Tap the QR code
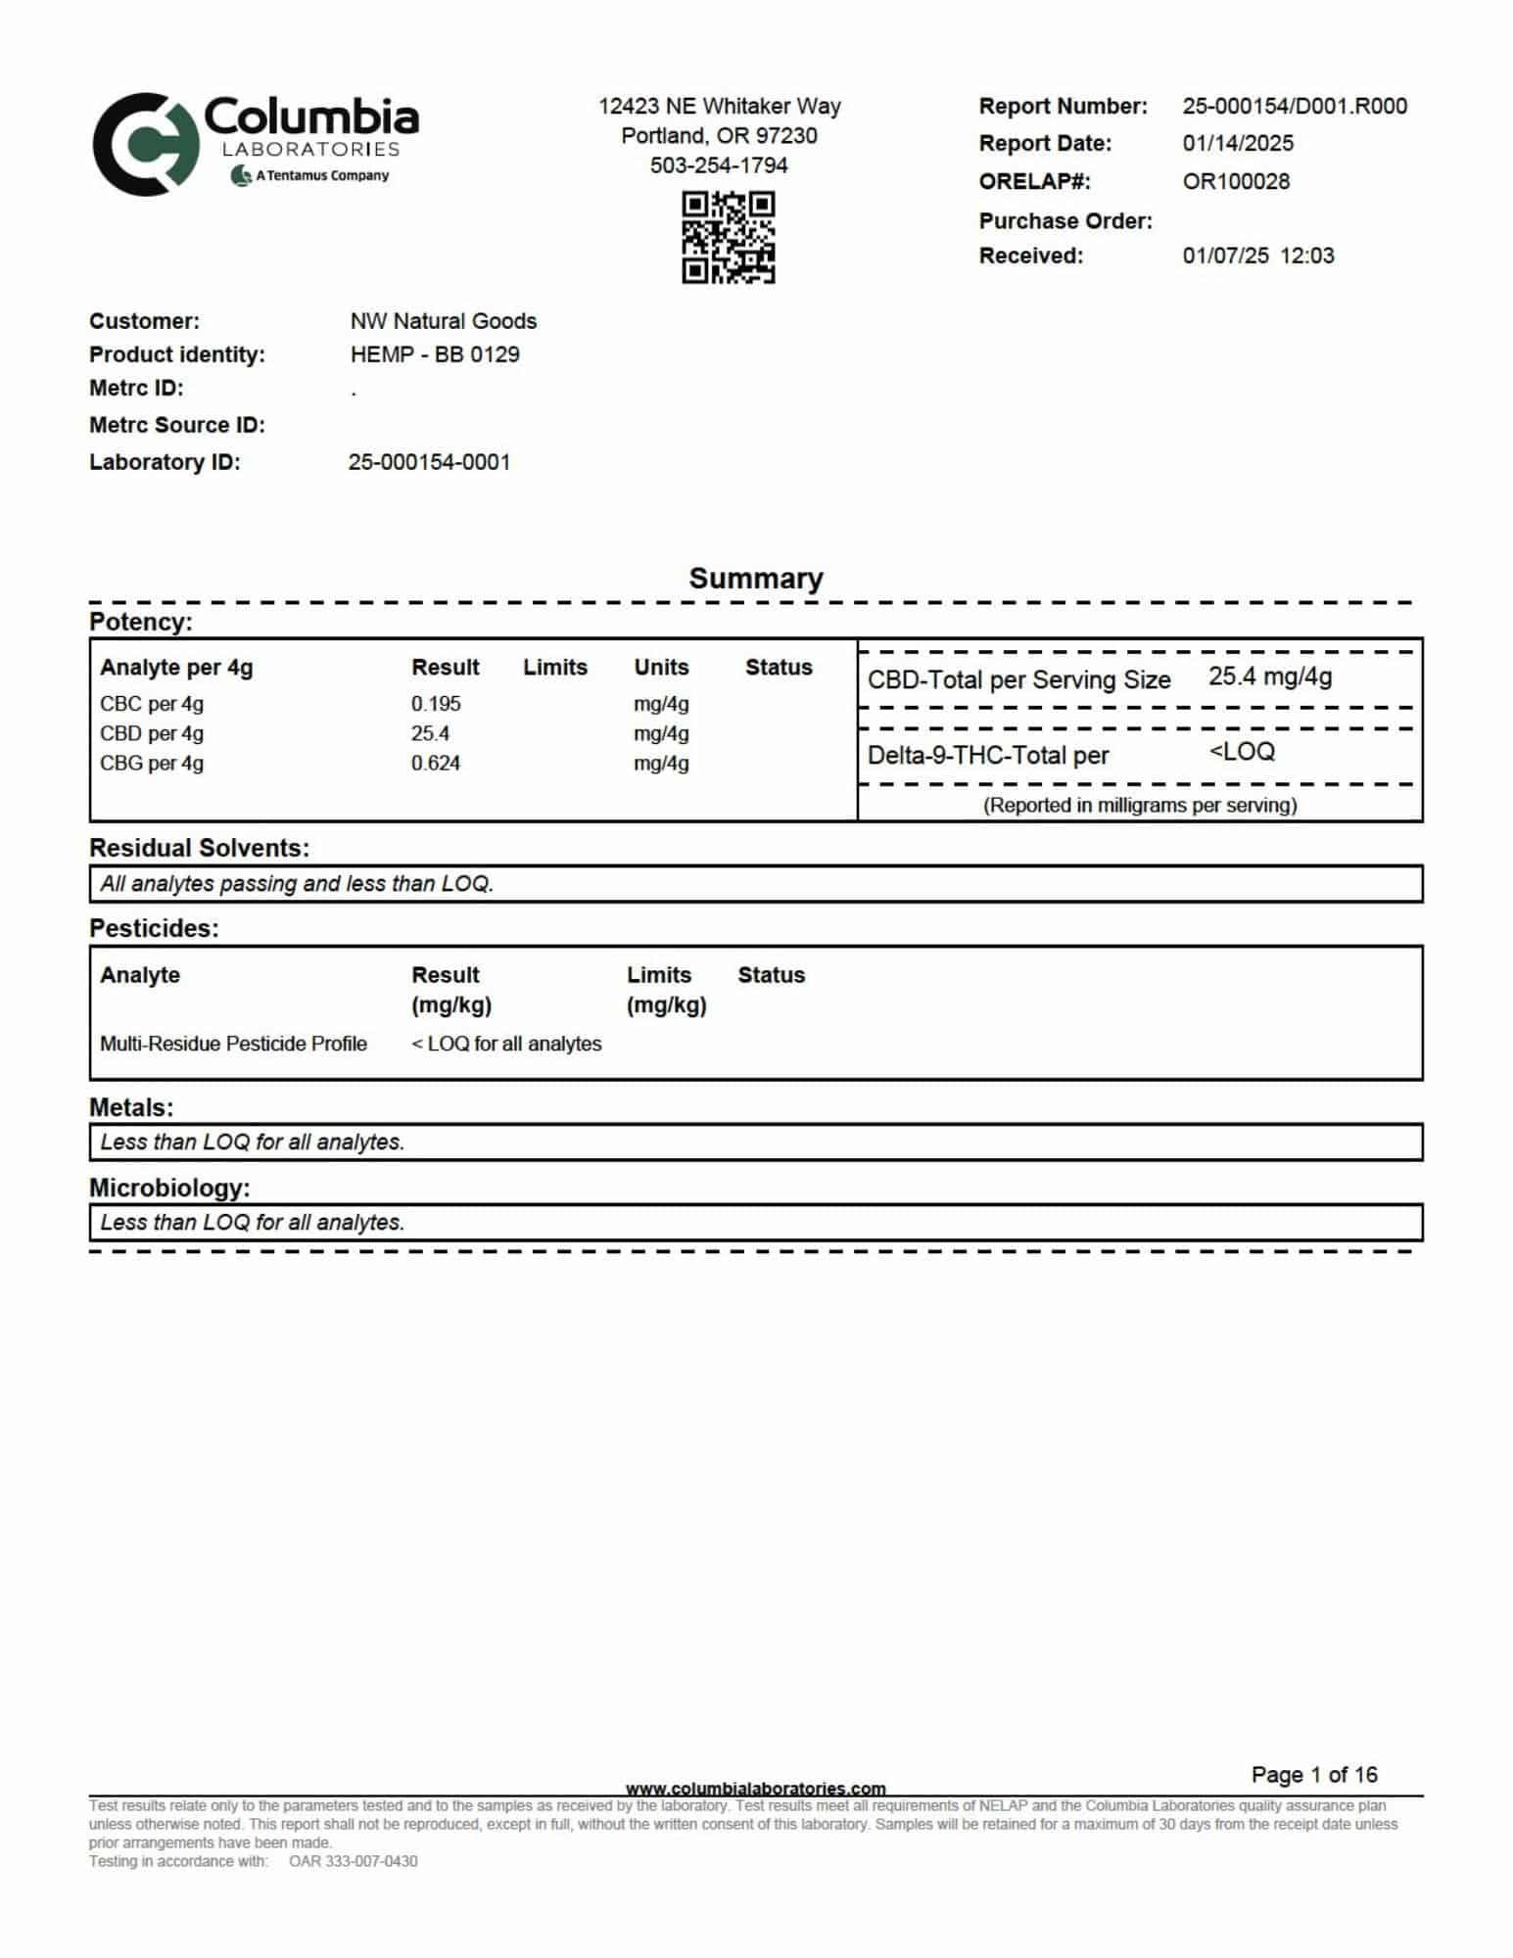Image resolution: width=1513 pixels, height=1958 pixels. tap(728, 238)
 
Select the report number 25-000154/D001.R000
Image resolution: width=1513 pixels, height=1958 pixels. tap(1294, 106)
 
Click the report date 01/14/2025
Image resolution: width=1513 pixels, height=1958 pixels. tap(1237, 143)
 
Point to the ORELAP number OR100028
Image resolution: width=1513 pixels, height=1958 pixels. tap(1235, 181)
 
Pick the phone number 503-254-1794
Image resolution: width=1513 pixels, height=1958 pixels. tap(719, 165)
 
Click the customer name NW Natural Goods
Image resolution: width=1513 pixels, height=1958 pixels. tap(443, 321)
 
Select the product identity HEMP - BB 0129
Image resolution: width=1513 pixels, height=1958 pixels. tap(434, 354)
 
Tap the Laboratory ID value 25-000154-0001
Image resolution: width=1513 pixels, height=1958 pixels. tap(429, 462)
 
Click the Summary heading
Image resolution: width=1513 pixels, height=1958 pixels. tap(755, 578)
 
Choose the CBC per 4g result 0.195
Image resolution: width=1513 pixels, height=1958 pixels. tap(436, 704)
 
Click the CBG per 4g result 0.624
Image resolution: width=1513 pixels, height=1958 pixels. tap(436, 764)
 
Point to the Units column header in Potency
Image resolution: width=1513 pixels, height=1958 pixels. tap(661, 668)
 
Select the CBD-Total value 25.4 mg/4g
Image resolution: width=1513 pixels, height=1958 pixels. tap(1269, 676)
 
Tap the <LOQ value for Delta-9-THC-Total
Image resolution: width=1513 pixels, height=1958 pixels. tap(1241, 752)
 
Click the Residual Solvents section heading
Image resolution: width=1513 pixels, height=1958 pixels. tap(199, 848)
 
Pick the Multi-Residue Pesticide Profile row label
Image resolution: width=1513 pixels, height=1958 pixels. tap(233, 1044)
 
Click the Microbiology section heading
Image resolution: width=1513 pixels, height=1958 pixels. tap(169, 1188)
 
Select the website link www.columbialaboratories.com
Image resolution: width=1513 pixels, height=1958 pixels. tap(755, 1789)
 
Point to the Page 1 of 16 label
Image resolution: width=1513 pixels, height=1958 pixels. tap(1313, 1775)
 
